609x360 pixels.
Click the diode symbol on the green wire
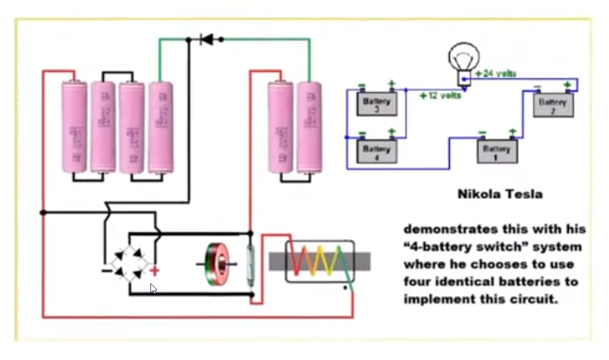click(207, 39)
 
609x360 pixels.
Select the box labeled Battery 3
click(377, 103)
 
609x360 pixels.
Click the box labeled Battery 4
click(377, 151)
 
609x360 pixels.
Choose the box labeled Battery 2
click(553, 104)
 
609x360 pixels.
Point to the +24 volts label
click(495, 73)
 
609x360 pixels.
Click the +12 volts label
click(440, 95)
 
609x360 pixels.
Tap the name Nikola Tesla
click(500, 194)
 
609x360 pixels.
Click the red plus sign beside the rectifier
click(154, 271)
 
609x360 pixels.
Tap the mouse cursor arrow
click(153, 288)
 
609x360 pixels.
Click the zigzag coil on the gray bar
click(320, 261)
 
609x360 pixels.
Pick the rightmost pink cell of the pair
click(309, 128)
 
